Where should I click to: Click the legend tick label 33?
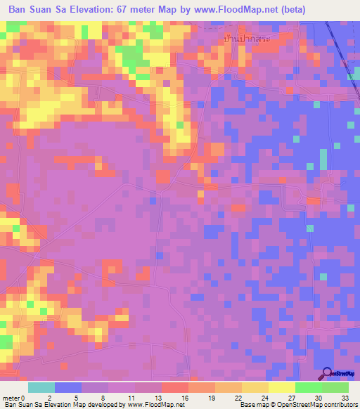coord(344,397)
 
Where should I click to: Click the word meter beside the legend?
coord(11,397)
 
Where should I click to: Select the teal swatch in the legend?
coord(41,387)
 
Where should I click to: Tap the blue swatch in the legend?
coord(68,387)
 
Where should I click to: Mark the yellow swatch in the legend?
coord(282,387)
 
